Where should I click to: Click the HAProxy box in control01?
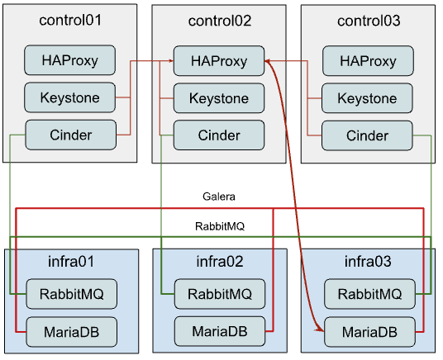[x=70, y=60]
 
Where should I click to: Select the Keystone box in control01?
[x=70, y=97]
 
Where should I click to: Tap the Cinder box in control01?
[x=70, y=135]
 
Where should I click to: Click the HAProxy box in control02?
[x=218, y=60]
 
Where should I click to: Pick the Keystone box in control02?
[x=218, y=98]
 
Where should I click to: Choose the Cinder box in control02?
[x=218, y=135]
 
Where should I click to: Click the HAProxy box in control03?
[x=367, y=60]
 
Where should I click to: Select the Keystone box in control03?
[x=367, y=98]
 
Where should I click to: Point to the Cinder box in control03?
[x=367, y=135]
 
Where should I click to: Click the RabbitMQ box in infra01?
[x=70, y=293]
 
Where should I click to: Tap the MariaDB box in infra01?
[x=70, y=331]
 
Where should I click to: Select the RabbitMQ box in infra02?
[x=219, y=293]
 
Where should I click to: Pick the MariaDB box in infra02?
[x=219, y=331]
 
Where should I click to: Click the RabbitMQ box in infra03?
[x=368, y=293]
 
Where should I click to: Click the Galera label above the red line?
[x=219, y=197]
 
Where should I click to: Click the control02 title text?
[x=218, y=20]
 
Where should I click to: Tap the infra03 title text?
[x=367, y=262]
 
